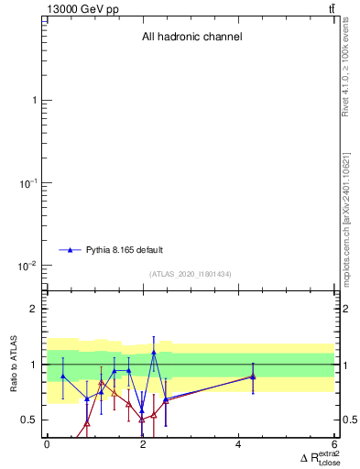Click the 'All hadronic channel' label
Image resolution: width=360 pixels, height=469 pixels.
click(191, 38)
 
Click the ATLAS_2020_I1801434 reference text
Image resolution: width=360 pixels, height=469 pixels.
click(191, 274)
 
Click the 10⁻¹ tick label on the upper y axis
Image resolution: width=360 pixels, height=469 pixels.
click(28, 183)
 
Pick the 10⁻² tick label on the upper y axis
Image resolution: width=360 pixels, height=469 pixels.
click(28, 267)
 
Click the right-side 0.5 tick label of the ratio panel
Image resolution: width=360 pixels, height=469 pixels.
click(349, 420)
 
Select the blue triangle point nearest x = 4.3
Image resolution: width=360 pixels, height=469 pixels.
click(253, 376)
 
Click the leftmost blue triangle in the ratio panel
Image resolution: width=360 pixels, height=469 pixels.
click(62, 376)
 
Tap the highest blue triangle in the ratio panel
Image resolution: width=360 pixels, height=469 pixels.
click(154, 352)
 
